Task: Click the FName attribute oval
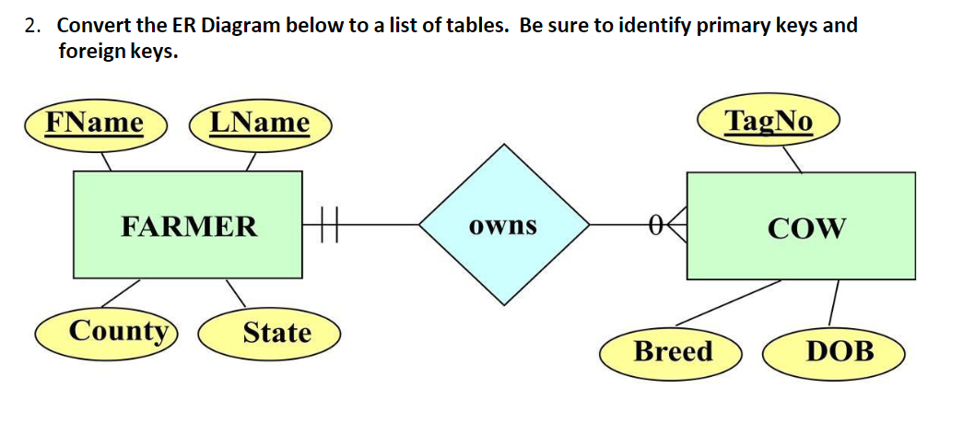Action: coord(95,123)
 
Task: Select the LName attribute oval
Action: coord(260,123)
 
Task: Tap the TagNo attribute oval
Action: coord(769,121)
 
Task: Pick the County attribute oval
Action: coord(119,331)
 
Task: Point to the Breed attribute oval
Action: coord(673,351)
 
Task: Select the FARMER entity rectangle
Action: coord(189,226)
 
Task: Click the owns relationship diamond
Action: coord(503,226)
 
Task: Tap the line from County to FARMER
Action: coord(120,293)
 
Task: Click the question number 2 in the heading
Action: coord(32,25)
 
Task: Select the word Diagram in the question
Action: coord(240,25)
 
